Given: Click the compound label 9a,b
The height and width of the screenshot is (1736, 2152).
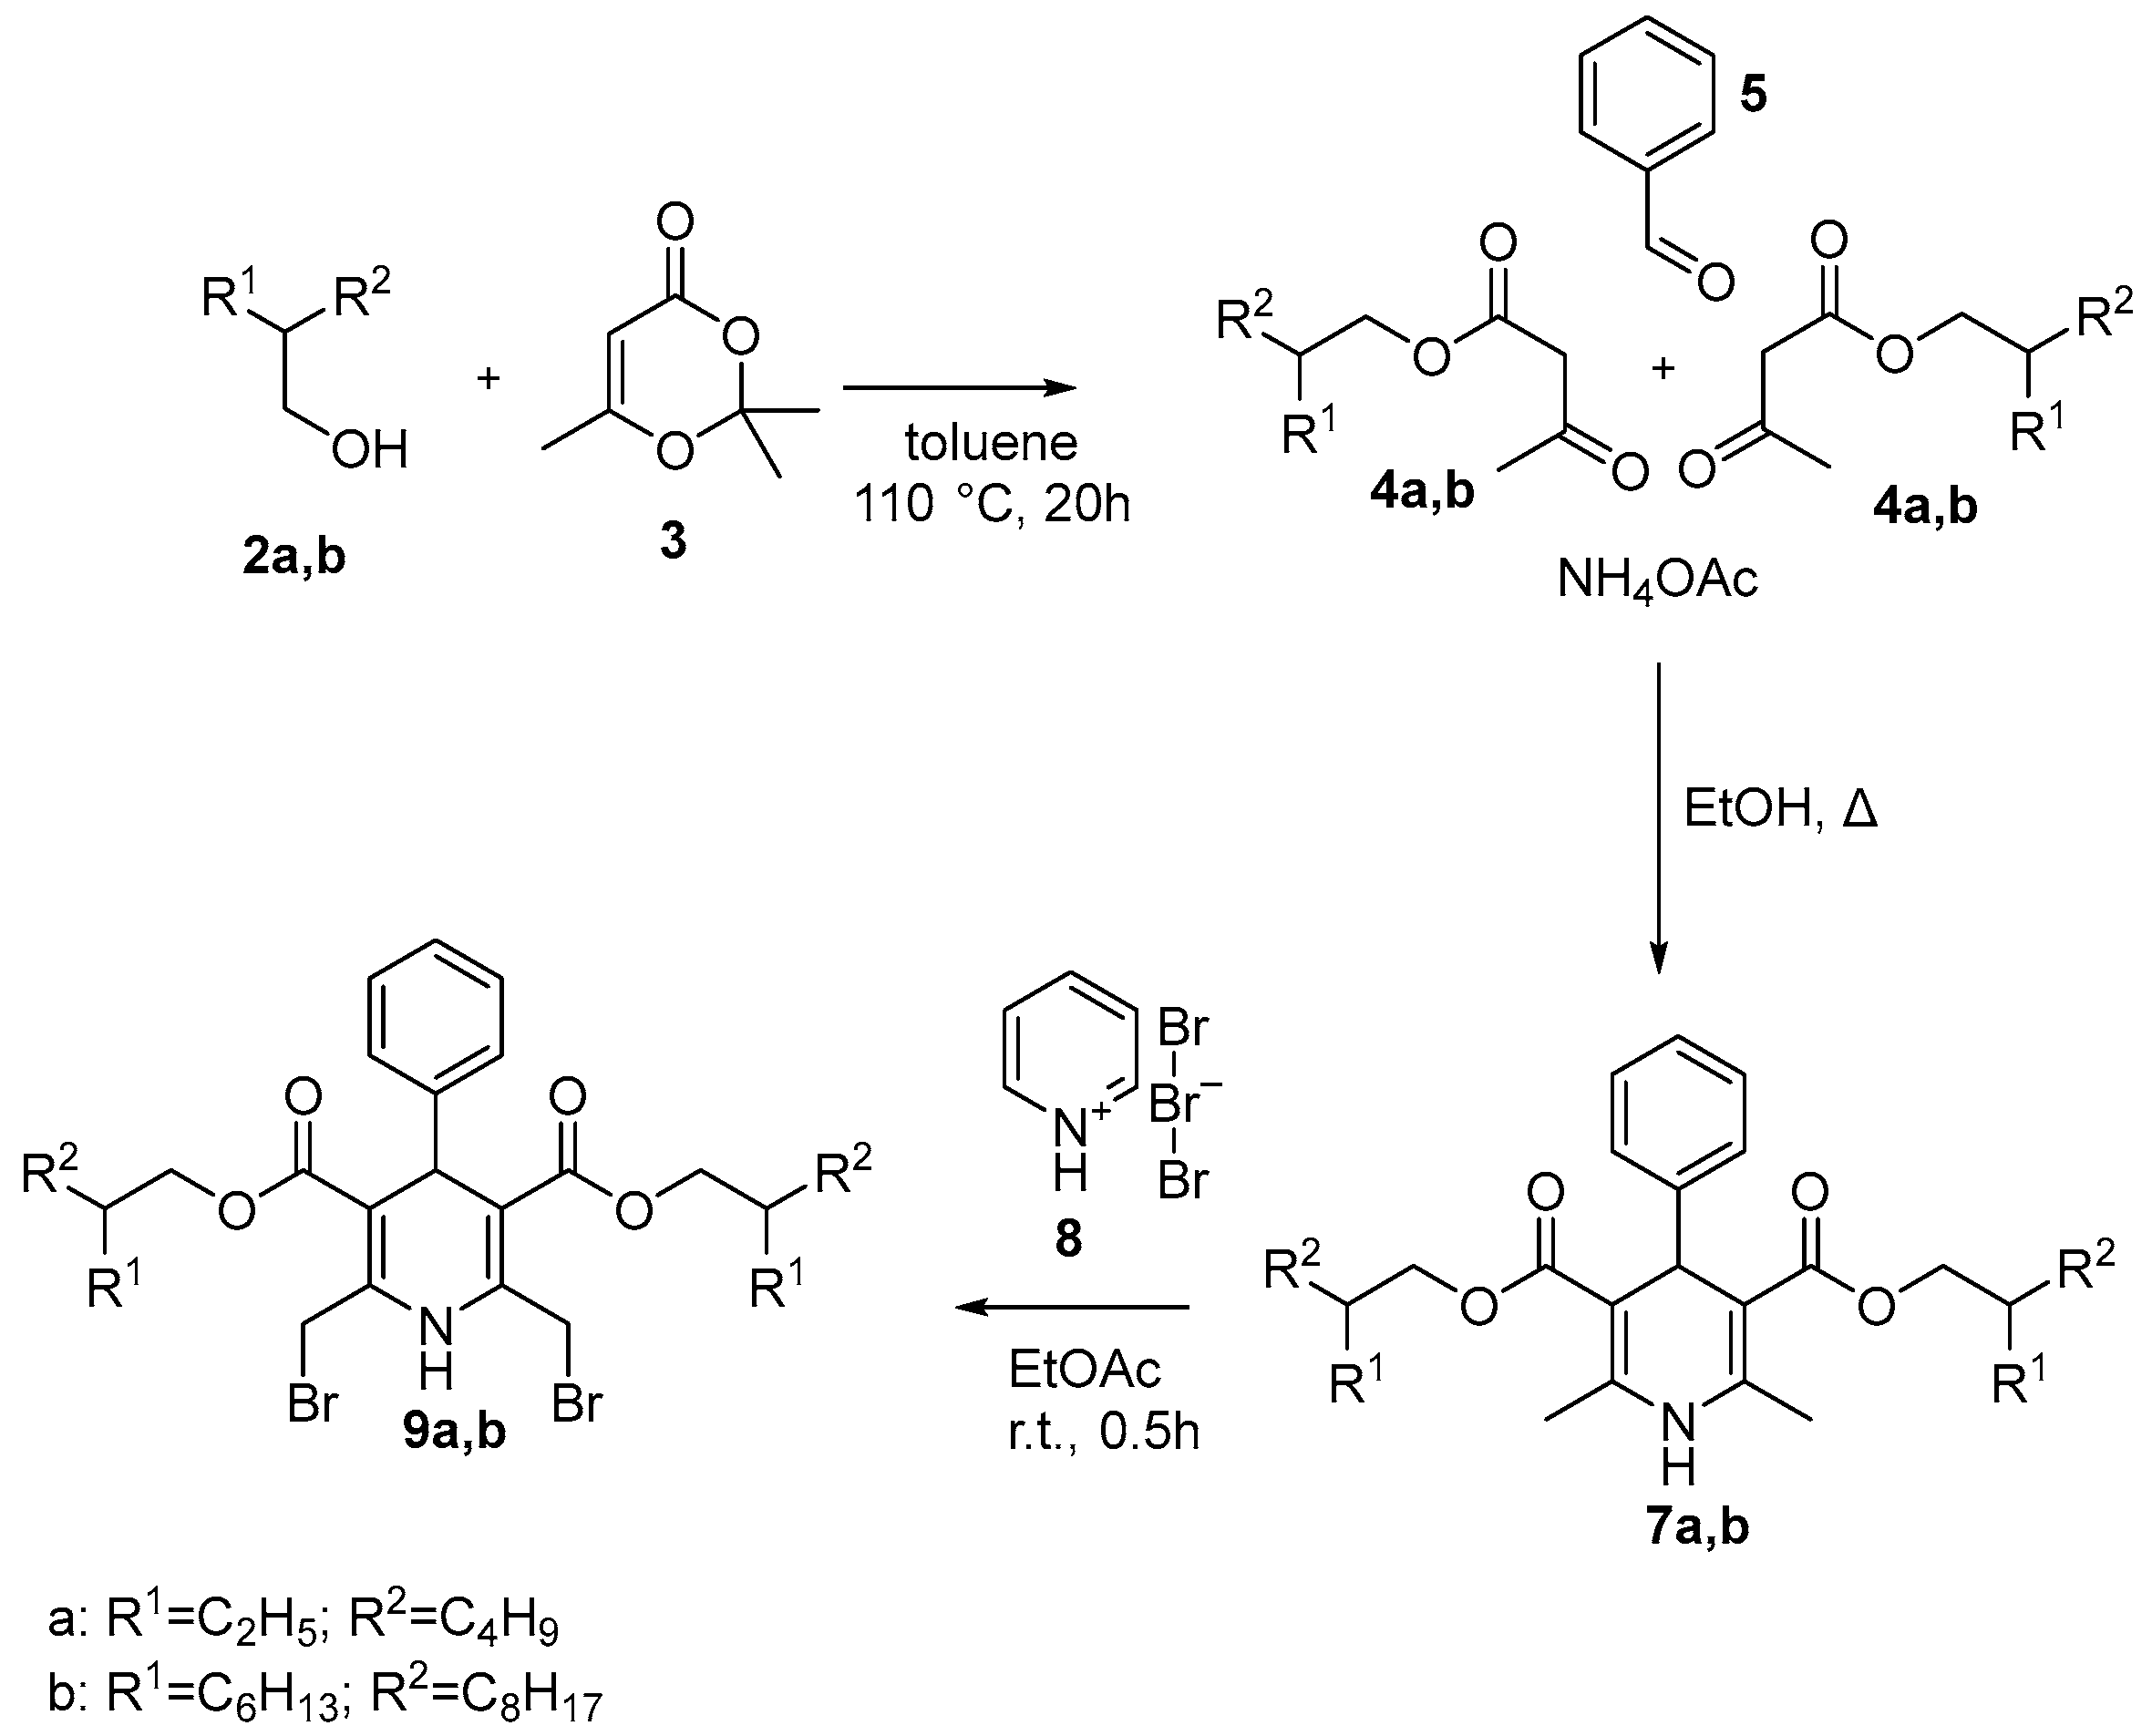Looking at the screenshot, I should (x=455, y=1432).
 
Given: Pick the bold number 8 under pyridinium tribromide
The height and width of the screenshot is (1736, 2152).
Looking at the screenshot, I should (x=1068, y=1240).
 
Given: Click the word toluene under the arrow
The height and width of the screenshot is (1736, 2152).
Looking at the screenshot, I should (x=991, y=443).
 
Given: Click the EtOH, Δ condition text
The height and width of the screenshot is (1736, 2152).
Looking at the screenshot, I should (x=1781, y=810).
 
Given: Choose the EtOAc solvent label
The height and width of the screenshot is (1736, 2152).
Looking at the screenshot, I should (x=1085, y=1369).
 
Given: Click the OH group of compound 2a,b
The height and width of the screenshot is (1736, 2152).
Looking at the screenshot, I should (x=368, y=451).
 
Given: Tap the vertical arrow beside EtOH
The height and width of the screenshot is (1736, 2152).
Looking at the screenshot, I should (x=1658, y=815).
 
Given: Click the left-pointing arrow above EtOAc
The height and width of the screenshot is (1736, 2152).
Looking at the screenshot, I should (x=1071, y=1307).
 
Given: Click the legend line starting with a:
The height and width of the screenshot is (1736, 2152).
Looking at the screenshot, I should (x=303, y=1621).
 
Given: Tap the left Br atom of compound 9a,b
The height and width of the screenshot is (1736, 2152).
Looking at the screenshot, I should (x=312, y=1404).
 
